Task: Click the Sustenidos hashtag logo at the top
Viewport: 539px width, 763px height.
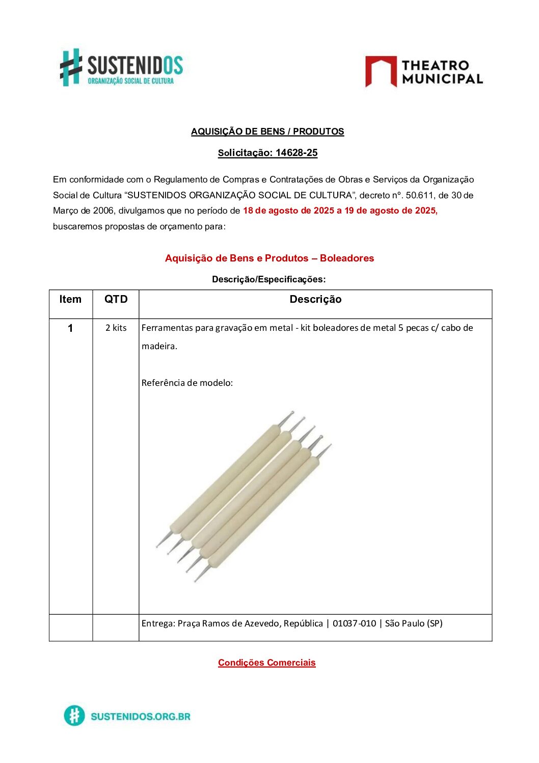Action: [x=71, y=67]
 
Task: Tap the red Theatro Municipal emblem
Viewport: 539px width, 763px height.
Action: [x=381, y=71]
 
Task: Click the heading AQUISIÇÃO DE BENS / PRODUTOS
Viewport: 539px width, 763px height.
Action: [x=267, y=131]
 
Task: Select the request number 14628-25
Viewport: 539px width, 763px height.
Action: [x=297, y=153]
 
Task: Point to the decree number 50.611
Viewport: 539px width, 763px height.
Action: [x=419, y=195]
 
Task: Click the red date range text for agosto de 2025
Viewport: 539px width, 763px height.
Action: [x=340, y=211]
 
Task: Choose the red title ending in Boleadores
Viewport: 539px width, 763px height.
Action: [x=269, y=258]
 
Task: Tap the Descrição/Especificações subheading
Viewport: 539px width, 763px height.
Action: [x=268, y=279]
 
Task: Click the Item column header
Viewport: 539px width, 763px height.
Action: [x=70, y=300]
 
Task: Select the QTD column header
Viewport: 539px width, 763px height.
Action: [x=116, y=300]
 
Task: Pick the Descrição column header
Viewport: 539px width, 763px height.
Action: [x=315, y=300]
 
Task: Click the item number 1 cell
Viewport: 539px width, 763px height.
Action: [x=70, y=328]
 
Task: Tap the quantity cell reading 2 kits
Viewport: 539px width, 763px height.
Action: [x=116, y=328]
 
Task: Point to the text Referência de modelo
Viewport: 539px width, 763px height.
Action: [x=187, y=383]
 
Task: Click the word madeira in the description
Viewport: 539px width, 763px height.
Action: [x=159, y=346]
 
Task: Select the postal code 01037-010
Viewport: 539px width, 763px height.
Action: [x=354, y=623]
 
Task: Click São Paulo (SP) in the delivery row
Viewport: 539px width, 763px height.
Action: [x=414, y=623]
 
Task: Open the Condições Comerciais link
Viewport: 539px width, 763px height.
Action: [x=266, y=663]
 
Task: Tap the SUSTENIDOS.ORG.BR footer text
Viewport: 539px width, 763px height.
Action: [x=141, y=716]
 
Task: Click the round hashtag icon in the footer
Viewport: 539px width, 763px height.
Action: [x=74, y=716]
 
